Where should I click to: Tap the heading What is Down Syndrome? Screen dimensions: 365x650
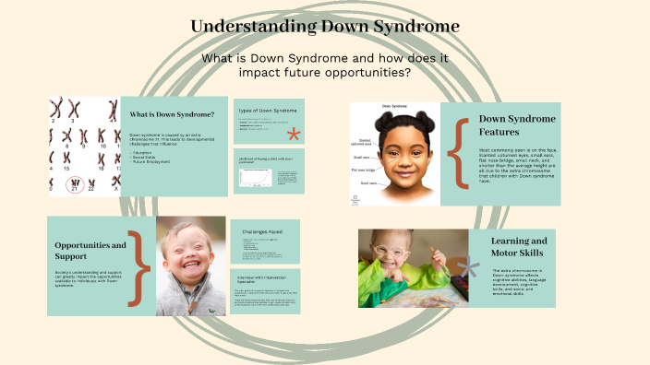tap(172, 114)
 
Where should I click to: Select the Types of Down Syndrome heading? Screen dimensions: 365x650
tap(269, 111)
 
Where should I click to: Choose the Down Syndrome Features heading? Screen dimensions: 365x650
tap(517, 125)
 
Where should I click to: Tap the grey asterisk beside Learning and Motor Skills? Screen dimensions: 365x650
tap(472, 267)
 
